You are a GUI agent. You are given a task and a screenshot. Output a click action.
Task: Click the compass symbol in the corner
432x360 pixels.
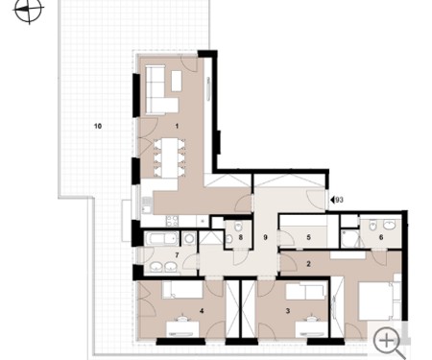(28, 12)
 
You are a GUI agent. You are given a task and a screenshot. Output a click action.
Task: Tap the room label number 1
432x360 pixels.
(177, 126)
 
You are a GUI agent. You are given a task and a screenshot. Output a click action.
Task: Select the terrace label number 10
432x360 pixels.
(98, 126)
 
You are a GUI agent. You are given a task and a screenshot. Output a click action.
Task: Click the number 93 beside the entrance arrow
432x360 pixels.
(340, 200)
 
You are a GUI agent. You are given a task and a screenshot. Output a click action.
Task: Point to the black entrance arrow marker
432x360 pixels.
(332, 200)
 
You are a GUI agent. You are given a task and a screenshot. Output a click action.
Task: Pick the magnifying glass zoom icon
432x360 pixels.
(390, 343)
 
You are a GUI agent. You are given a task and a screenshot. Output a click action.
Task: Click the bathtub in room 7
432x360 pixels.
(161, 238)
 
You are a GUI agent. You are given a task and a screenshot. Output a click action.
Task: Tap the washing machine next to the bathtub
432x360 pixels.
(189, 239)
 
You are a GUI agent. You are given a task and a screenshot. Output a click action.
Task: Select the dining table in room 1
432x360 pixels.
(170, 157)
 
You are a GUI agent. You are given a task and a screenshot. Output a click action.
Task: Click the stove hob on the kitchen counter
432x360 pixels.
(172, 220)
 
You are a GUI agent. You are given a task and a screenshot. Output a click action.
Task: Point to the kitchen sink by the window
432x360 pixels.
(147, 205)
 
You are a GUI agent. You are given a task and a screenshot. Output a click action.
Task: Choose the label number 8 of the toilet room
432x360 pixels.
(241, 237)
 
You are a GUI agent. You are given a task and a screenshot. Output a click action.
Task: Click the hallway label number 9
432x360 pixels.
(265, 237)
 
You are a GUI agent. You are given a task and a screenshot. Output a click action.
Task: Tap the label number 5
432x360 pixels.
(308, 237)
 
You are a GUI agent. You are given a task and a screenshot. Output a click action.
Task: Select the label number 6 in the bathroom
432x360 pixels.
(381, 237)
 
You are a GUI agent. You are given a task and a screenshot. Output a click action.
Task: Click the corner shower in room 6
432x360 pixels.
(349, 238)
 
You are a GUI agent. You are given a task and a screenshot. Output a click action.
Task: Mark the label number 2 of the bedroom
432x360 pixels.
(308, 264)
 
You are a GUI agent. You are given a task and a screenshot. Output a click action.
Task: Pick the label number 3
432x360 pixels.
(288, 311)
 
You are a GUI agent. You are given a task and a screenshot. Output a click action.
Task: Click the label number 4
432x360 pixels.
(202, 311)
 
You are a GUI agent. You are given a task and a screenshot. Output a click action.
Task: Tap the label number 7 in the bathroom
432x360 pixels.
(177, 255)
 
